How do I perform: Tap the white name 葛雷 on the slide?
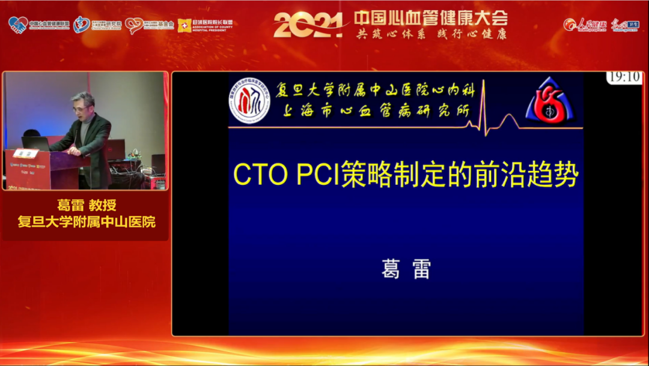coord(406,269)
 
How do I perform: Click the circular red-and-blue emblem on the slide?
coord(249,103)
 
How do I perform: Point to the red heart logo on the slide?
coord(550,101)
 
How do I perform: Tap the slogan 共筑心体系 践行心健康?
coord(430,34)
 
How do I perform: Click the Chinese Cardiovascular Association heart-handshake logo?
coord(18,25)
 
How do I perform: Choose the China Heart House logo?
coord(82,25)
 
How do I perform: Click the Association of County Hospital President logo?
coord(205,25)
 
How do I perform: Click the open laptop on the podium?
coord(35,143)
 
